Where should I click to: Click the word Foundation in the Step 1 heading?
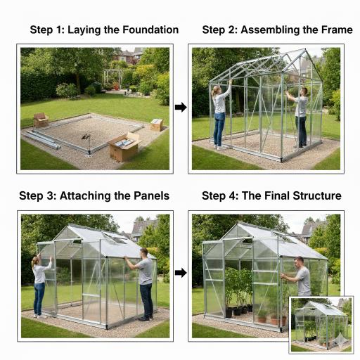click(x=150, y=30)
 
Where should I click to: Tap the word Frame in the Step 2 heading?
click(x=337, y=30)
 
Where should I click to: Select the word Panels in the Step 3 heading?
click(x=151, y=195)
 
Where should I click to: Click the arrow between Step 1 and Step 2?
click(x=181, y=108)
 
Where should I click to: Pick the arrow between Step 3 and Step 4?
click(x=181, y=273)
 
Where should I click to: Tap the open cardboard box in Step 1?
click(x=124, y=147)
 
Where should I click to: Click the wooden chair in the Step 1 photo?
click(x=41, y=120)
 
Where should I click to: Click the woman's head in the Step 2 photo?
click(x=217, y=90)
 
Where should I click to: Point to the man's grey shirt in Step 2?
click(x=302, y=107)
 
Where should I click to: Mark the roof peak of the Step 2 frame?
click(x=305, y=49)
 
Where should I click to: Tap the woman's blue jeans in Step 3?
click(x=39, y=299)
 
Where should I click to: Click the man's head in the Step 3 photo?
click(x=144, y=253)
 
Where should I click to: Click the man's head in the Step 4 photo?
click(x=299, y=262)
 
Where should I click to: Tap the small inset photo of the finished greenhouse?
click(x=321, y=325)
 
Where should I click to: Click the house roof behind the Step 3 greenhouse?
click(x=143, y=227)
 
